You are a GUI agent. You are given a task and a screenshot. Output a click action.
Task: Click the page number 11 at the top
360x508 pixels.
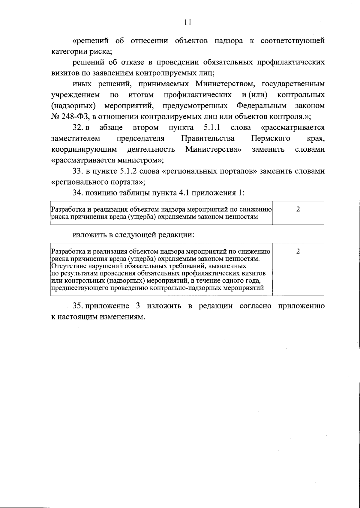click(187, 23)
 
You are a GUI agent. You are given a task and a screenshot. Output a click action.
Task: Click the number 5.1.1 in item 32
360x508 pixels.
click(212, 128)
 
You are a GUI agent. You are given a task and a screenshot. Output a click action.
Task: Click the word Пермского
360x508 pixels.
click(270, 138)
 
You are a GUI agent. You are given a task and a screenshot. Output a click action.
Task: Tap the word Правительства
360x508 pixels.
click(208, 138)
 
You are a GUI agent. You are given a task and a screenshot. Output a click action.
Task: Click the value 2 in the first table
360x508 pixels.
click(298, 209)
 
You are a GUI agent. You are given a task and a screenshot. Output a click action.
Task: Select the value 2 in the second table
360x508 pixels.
click(298, 251)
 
